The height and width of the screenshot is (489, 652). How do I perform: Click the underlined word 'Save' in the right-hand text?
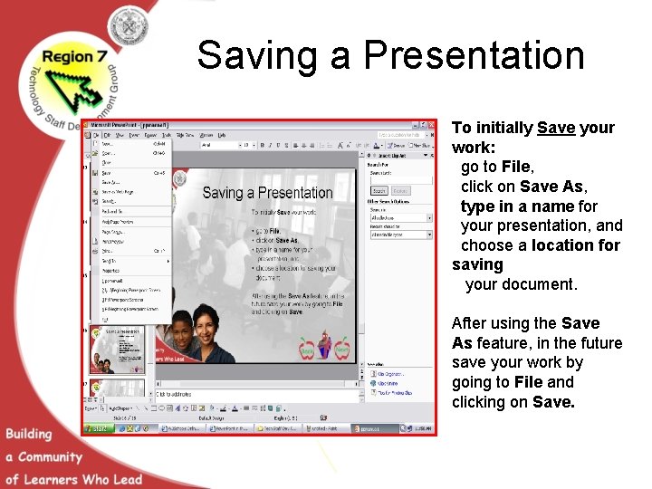point(555,128)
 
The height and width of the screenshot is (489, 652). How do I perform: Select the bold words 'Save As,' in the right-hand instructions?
point(553,187)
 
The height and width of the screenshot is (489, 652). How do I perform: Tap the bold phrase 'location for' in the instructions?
point(576,245)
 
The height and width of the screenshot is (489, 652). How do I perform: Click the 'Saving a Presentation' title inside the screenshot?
point(267,193)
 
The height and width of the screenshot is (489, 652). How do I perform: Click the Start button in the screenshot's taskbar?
point(94,428)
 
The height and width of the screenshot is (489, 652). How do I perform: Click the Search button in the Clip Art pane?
point(379,191)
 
